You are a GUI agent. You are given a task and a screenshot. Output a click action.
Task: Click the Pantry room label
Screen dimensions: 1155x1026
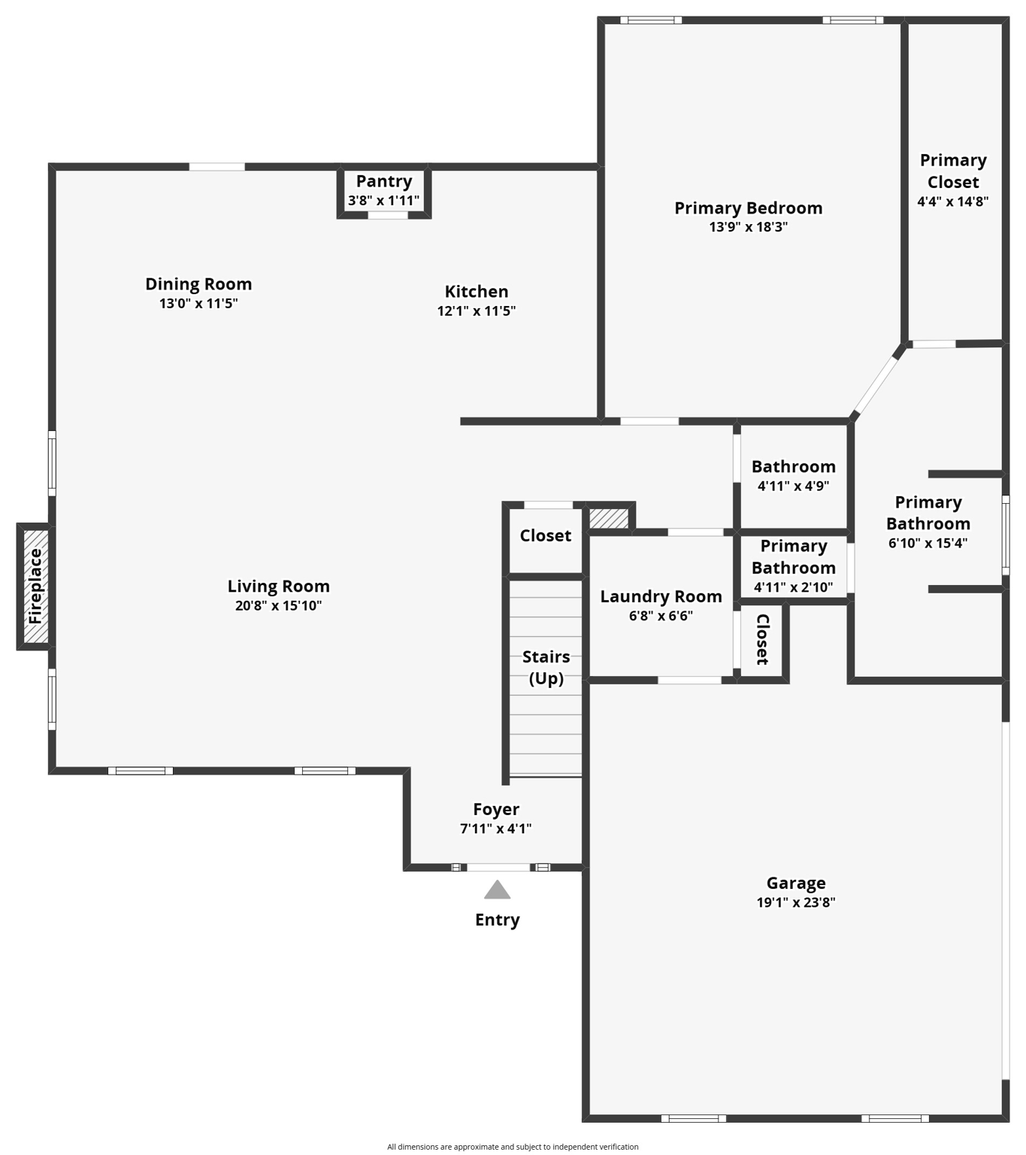point(383,181)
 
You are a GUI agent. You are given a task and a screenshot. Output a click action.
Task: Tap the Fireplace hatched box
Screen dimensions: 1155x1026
point(35,587)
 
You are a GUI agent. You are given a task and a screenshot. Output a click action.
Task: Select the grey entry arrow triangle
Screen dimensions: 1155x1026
point(497,890)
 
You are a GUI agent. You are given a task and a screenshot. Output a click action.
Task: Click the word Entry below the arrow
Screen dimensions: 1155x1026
point(497,920)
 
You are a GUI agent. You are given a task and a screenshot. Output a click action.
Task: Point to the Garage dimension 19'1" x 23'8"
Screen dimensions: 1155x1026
point(796,902)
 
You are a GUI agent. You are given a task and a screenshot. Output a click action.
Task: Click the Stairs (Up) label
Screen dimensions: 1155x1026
point(546,667)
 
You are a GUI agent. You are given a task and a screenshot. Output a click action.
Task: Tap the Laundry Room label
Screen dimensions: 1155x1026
point(661,596)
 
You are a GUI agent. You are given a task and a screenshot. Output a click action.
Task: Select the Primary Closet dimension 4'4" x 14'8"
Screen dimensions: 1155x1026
point(952,202)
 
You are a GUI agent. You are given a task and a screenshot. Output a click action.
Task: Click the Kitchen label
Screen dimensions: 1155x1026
point(476,291)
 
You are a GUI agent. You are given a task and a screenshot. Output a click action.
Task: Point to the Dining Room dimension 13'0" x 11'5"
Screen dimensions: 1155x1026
point(198,304)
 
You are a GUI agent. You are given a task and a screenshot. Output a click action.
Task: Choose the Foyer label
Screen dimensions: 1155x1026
point(496,809)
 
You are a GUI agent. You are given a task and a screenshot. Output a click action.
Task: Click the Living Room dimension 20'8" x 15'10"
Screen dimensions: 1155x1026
point(278,606)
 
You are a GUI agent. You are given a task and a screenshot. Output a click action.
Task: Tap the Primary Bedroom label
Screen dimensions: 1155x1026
point(748,208)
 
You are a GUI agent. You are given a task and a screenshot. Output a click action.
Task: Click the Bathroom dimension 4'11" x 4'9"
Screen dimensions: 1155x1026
point(793,486)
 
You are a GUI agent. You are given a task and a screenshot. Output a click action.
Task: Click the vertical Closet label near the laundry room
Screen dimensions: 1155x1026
point(762,639)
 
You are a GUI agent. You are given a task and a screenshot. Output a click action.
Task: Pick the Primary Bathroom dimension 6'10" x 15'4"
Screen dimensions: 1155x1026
point(928,543)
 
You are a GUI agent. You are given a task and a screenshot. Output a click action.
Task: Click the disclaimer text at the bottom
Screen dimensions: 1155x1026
point(513,1147)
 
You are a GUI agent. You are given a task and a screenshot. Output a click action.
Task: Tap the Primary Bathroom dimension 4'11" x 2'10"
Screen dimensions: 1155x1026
point(793,587)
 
